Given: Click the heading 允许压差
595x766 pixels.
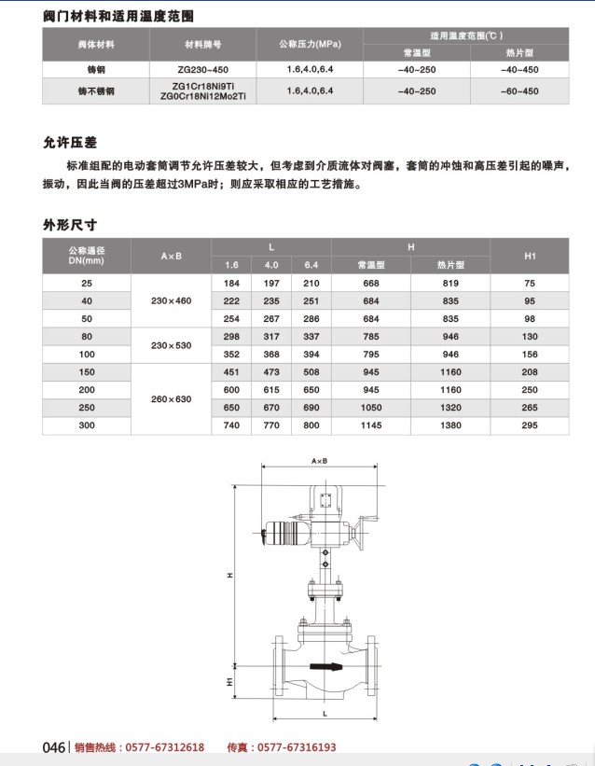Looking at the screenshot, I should [70, 143].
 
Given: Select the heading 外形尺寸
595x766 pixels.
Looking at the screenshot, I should [70, 225].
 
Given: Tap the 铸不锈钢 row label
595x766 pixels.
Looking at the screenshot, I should [96, 91].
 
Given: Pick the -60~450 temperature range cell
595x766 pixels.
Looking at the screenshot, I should [519, 91].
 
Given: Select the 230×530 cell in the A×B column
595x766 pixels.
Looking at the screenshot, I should [171, 345].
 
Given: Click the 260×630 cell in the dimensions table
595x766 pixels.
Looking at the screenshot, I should [171, 398].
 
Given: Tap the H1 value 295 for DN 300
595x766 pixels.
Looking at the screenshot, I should [530, 425].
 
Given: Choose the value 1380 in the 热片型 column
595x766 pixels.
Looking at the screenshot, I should [450, 425].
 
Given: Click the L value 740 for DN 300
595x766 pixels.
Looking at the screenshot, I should [232, 425].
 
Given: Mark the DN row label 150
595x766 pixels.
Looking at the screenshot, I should [87, 372].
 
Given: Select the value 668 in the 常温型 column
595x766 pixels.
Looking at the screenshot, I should [371, 283].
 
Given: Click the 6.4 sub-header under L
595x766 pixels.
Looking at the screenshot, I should [311, 265].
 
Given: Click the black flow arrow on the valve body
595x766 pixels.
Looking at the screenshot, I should [325, 666].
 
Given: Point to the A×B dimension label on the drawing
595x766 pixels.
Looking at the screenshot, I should [319, 462].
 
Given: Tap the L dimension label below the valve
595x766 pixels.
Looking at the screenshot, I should [323, 712].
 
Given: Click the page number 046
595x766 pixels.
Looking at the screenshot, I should [54, 747].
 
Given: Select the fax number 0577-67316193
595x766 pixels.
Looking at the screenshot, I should [297, 747].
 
